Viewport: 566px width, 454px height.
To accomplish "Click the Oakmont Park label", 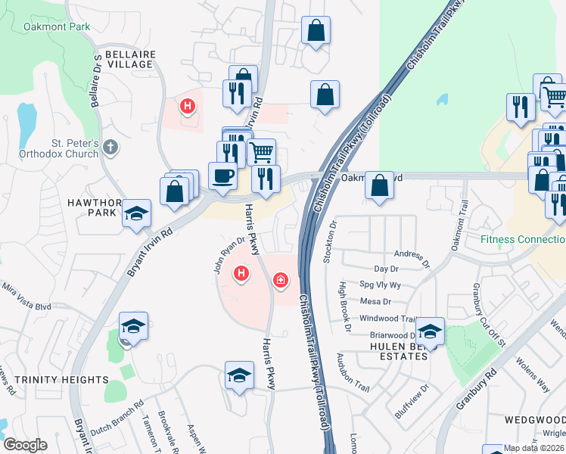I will (57, 27).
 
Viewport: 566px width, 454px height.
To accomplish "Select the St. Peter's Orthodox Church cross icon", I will (111, 147).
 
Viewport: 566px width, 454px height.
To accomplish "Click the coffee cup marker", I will (222, 176).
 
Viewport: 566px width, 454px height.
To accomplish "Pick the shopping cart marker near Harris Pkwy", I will (262, 152).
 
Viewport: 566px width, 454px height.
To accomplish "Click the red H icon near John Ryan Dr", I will (241, 272).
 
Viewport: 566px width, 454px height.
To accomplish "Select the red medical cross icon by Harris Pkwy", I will (281, 281).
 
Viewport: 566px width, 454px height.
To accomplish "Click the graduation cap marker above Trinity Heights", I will (132, 326).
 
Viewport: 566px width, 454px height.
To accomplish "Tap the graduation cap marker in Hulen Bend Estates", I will (430, 331).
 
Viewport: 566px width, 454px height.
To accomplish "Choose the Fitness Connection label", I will (523, 240).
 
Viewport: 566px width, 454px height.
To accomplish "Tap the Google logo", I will (25, 445).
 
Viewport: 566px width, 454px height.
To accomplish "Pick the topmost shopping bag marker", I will (316, 31).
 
